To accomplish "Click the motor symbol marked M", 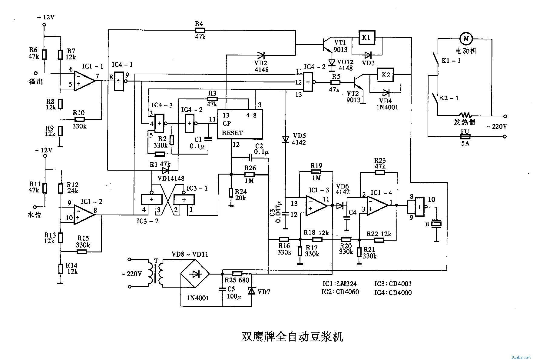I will coord(466,38).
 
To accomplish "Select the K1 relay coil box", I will coord(366,38).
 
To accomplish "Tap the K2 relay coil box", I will coord(385,75).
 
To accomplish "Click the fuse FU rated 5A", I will coord(465,137).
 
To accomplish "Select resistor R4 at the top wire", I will coord(200,30).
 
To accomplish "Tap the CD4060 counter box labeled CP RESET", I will coord(240,124).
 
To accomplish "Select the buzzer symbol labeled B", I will coord(436,224).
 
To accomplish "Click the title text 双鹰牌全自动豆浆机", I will coord(292,337).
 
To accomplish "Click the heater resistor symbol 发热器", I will coord(465,115).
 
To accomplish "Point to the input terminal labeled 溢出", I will coord(36,73).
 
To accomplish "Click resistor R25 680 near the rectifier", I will coord(237,273).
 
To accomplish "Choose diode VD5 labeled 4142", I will coord(285,139).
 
